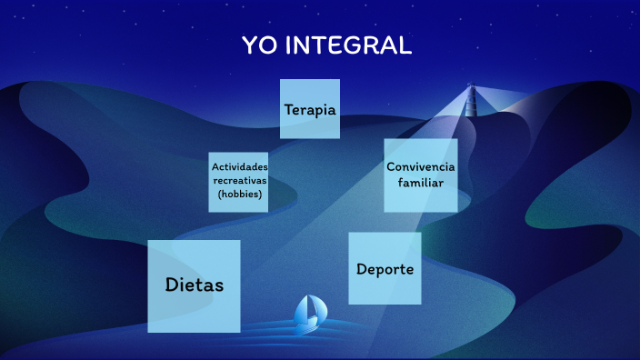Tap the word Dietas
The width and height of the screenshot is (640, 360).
point(195,285)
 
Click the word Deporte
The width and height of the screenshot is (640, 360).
point(385,269)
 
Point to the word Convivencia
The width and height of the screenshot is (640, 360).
point(420,167)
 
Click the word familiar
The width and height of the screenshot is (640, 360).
point(420,183)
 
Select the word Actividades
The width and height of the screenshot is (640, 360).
point(239,167)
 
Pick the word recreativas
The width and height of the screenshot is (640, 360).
point(239,180)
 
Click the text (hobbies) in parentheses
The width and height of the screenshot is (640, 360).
point(239,194)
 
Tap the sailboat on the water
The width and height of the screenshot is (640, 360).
point(308,312)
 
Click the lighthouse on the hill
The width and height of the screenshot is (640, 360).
point(471,100)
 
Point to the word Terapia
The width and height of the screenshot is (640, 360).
point(310,110)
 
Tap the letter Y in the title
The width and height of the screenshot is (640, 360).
point(249,45)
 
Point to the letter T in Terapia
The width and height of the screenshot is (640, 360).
point(288,110)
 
